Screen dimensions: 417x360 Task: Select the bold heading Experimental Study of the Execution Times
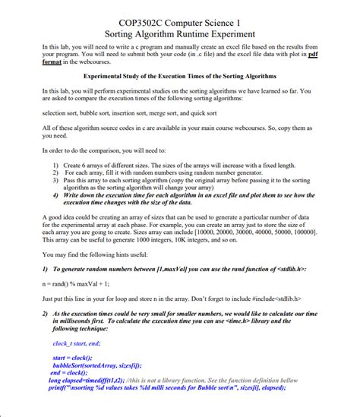(x=180, y=77)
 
